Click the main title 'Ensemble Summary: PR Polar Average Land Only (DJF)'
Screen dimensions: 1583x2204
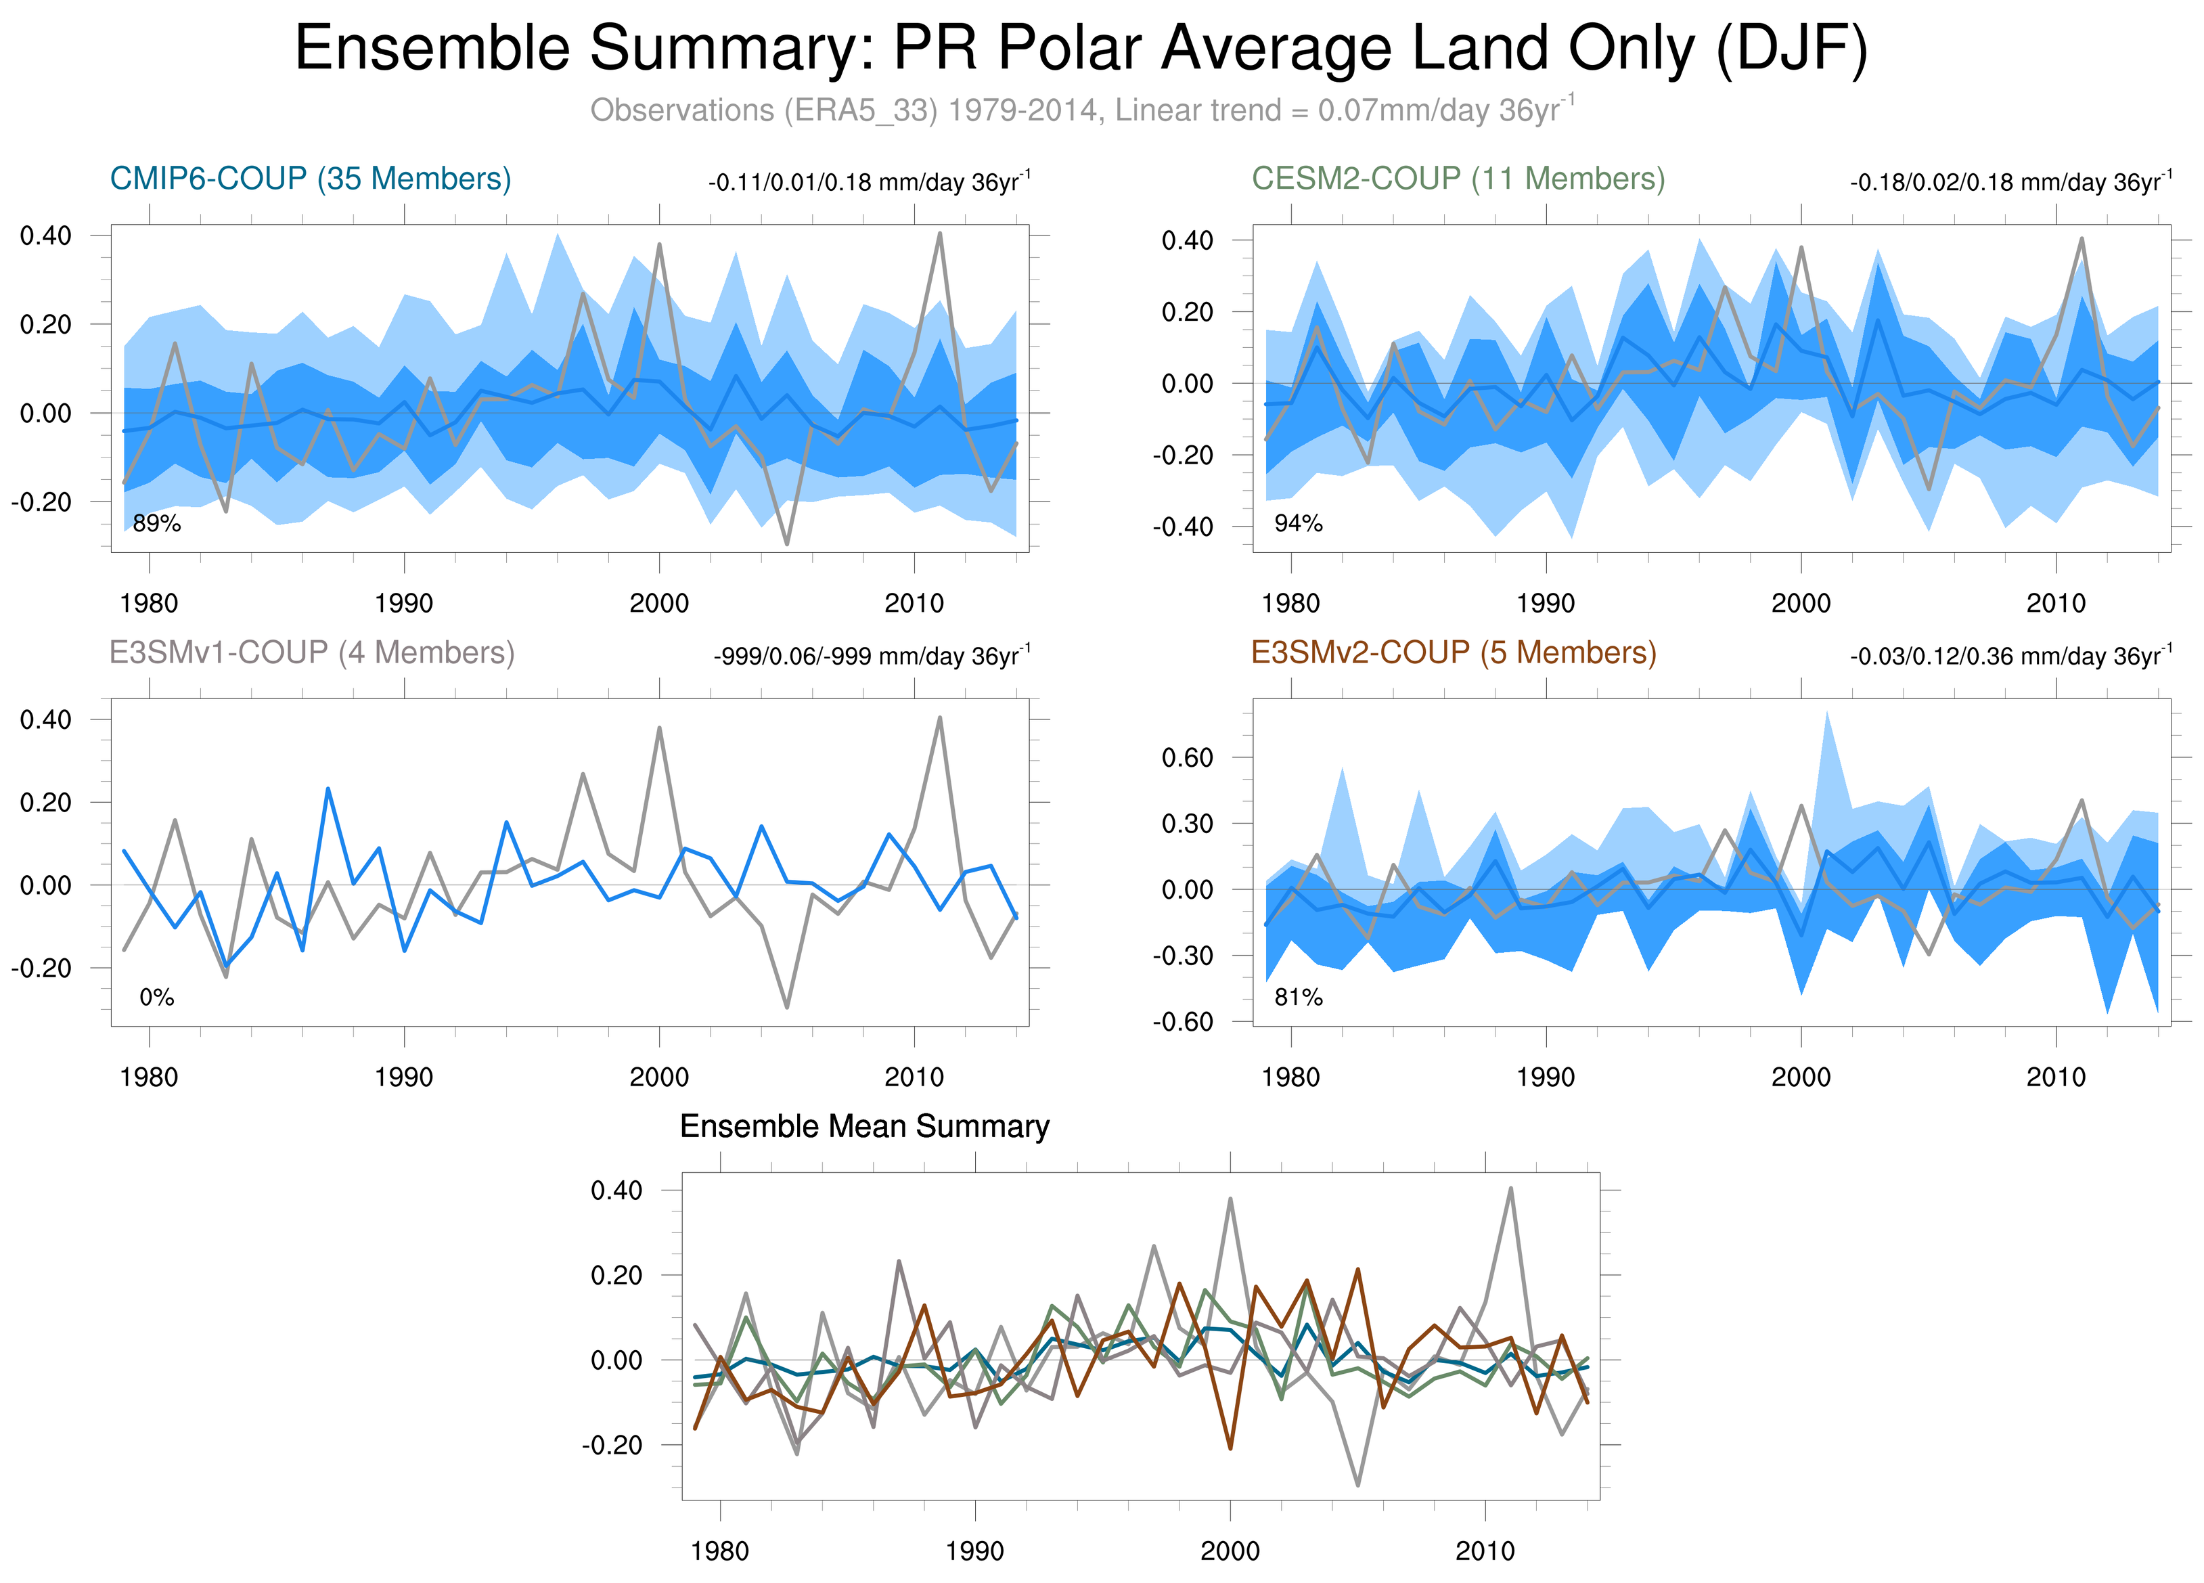click(x=1081, y=49)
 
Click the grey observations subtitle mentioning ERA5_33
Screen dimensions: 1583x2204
click(x=1081, y=110)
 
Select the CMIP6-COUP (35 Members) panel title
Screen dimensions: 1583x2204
click(x=310, y=179)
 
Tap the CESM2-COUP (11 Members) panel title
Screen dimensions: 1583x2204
click(x=1458, y=179)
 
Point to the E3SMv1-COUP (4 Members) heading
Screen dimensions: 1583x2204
click(x=312, y=652)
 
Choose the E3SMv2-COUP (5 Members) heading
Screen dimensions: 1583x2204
click(x=1454, y=652)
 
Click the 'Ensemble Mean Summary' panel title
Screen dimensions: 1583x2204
click(x=864, y=1126)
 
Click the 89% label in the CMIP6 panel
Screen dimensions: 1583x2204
click(x=156, y=524)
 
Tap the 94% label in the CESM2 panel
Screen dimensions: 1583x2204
click(x=1299, y=524)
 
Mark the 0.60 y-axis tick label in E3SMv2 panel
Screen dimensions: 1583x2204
click(x=1188, y=758)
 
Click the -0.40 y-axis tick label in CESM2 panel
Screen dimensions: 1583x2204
click(x=1183, y=527)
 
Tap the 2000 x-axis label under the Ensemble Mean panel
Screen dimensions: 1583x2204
click(x=1230, y=1551)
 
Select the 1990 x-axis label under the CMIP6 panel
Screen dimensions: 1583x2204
click(x=403, y=604)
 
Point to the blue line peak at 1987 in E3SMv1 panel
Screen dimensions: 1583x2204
click(x=328, y=789)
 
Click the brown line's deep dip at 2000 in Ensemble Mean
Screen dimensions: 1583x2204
click(x=1230, y=1448)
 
